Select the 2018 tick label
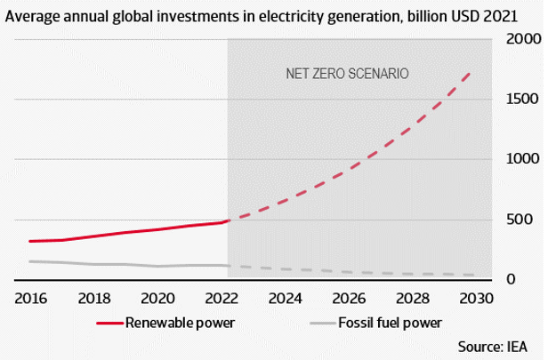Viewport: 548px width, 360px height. point(93,297)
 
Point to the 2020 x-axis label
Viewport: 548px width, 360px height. point(158,297)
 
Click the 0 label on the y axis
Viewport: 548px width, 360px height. point(533,280)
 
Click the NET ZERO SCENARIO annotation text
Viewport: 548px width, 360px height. point(346,74)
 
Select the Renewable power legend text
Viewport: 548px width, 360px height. point(180,321)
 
